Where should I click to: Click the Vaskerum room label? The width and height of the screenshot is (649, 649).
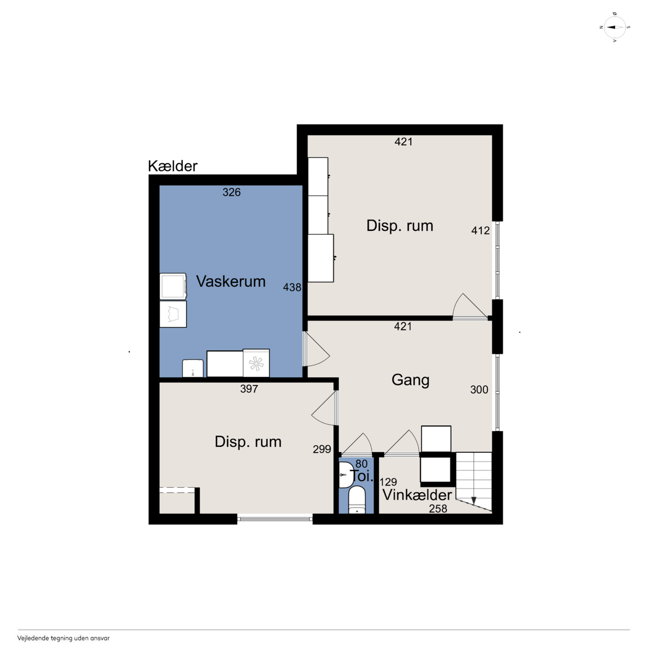(x=231, y=281)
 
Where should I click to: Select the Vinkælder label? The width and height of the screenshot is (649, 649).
(x=417, y=495)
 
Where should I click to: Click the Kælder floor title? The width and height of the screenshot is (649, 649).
(x=172, y=166)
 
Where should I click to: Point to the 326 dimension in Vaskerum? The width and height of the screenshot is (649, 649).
(x=232, y=192)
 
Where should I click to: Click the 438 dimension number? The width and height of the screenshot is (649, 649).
(x=292, y=287)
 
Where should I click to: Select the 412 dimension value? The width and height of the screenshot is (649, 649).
(x=480, y=231)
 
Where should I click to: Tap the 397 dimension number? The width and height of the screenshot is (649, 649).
(x=249, y=389)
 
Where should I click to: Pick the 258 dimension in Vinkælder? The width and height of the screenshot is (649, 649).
(x=438, y=509)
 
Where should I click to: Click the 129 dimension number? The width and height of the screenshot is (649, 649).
(x=388, y=482)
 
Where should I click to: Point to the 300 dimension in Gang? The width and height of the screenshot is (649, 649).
(x=479, y=390)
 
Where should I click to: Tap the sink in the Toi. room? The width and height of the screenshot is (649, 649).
(x=345, y=475)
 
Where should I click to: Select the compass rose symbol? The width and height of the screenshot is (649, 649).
(x=615, y=27)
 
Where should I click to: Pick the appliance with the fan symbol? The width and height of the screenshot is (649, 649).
(x=256, y=363)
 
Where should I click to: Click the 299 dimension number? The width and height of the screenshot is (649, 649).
(x=322, y=449)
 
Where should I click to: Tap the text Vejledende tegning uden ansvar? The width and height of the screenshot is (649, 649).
(x=63, y=638)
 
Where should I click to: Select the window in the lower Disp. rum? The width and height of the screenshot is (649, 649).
(x=275, y=519)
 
